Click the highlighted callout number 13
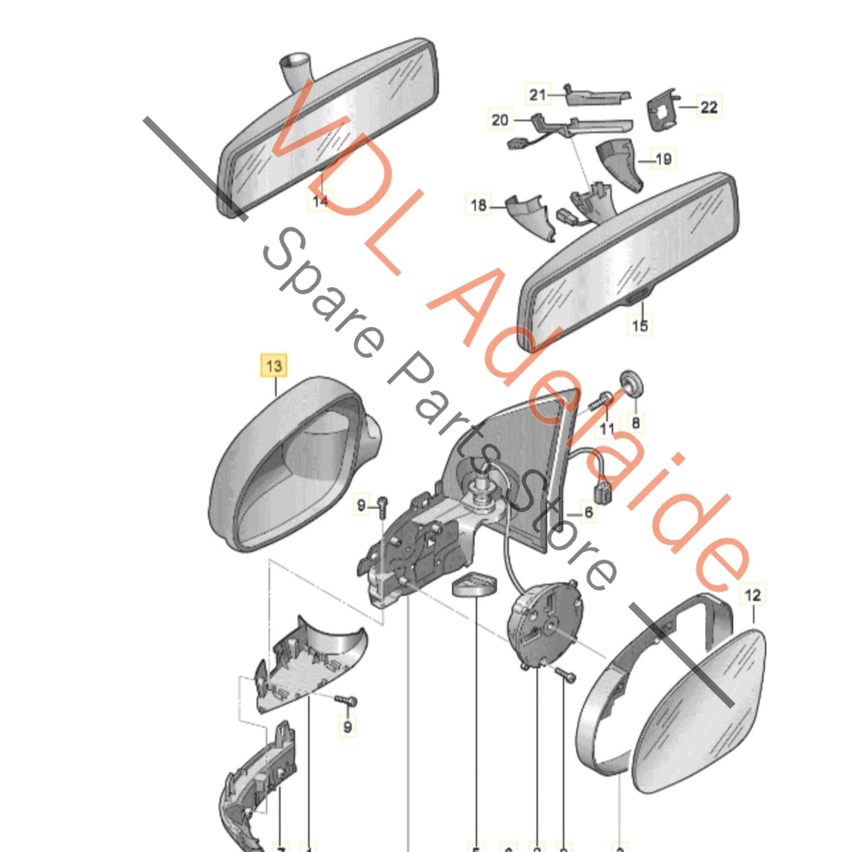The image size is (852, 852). (274, 366)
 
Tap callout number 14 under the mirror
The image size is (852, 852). (320, 201)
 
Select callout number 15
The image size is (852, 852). (640, 325)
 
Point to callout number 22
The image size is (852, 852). (709, 107)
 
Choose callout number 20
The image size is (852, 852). (499, 120)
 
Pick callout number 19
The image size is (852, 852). (663, 159)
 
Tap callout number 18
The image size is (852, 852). (478, 205)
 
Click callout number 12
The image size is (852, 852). (753, 595)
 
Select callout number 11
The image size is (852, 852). (607, 429)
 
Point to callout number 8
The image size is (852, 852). (635, 422)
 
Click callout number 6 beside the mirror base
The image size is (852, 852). (588, 512)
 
